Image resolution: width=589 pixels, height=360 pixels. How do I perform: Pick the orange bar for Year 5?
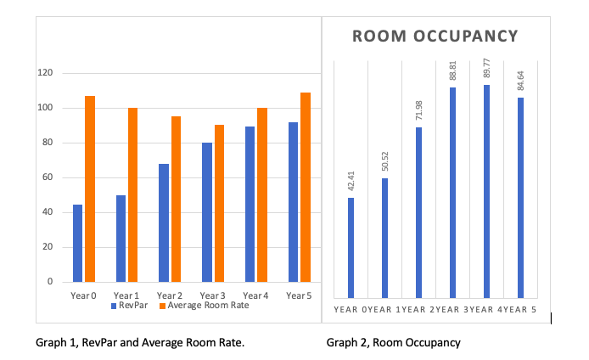click(305, 187)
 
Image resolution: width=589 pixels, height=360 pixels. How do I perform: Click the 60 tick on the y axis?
click(48, 177)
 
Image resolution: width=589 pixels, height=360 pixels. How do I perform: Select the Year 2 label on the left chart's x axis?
click(170, 295)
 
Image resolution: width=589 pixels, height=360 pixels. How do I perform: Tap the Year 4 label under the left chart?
click(255, 295)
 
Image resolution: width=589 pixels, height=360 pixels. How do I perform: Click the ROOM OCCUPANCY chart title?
click(435, 37)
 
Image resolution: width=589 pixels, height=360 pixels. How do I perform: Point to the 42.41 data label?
click(351, 180)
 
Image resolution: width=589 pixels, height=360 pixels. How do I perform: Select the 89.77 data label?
click(486, 68)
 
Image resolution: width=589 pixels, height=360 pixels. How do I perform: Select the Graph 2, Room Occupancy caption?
click(393, 343)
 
